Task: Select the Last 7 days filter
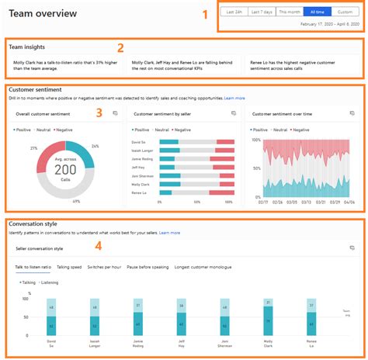click(x=261, y=12)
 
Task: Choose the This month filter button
click(x=290, y=12)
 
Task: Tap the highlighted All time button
click(x=318, y=12)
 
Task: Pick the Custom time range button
click(x=345, y=12)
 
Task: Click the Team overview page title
click(x=43, y=13)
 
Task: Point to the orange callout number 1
click(x=205, y=14)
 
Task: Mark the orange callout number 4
click(x=98, y=247)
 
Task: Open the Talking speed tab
click(x=70, y=267)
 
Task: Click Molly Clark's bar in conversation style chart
click(x=268, y=319)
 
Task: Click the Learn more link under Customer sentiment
click(x=234, y=99)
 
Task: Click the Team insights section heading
click(x=26, y=47)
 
